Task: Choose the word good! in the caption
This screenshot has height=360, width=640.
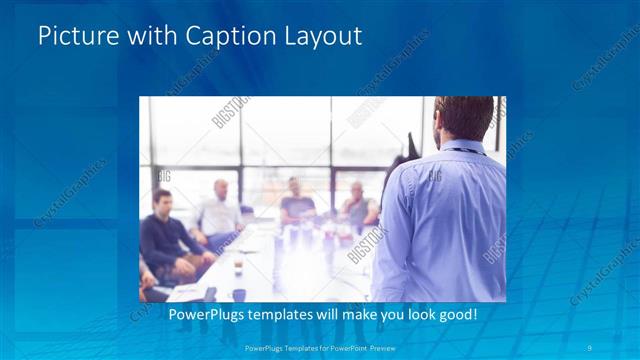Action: click(456, 315)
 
